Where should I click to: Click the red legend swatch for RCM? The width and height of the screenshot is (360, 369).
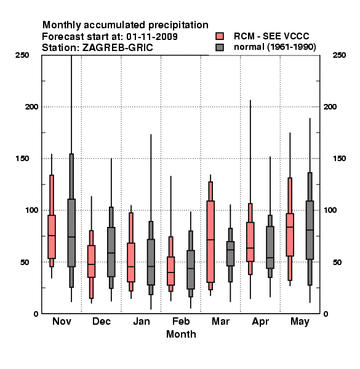click(220, 36)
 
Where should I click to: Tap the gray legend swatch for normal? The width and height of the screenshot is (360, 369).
click(220, 47)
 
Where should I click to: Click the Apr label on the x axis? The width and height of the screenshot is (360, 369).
click(260, 322)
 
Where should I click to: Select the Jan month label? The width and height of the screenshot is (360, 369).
click(142, 321)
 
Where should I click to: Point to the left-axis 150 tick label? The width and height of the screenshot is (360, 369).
click(22, 159)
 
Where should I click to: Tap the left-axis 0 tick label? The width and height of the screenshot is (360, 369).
click(36, 314)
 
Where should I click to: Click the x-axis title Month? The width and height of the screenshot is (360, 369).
click(181, 334)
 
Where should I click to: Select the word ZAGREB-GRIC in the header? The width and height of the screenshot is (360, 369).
click(118, 48)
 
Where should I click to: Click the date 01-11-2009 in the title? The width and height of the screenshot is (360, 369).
click(152, 37)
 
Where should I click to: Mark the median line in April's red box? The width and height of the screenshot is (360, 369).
click(250, 248)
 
